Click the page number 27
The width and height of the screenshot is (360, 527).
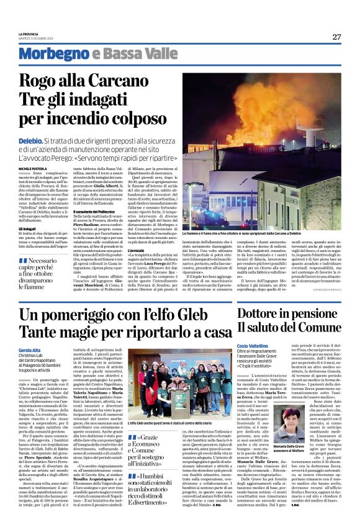coord(336,37)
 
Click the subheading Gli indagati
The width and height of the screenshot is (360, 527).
coord(47,229)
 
